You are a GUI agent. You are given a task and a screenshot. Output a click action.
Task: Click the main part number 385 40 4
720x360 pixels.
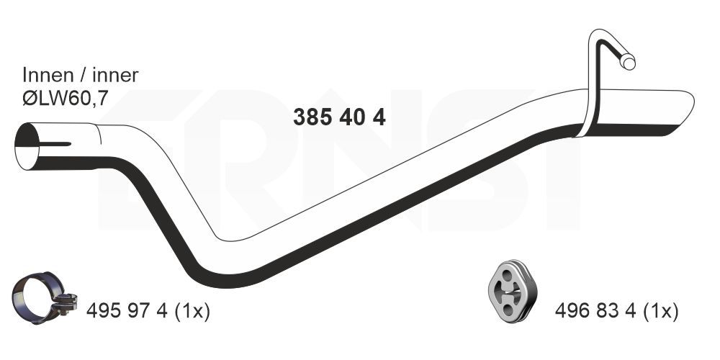pyautogui.click(x=339, y=117)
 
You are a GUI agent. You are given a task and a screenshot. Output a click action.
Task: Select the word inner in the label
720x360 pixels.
pyautogui.click(x=112, y=74)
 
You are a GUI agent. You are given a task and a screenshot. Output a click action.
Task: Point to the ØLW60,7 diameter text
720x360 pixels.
pyautogui.click(x=65, y=99)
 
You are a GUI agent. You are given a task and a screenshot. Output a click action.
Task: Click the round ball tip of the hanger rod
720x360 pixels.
pyautogui.click(x=629, y=63)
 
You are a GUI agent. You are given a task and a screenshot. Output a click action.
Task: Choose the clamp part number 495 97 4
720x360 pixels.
pyautogui.click(x=127, y=311)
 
